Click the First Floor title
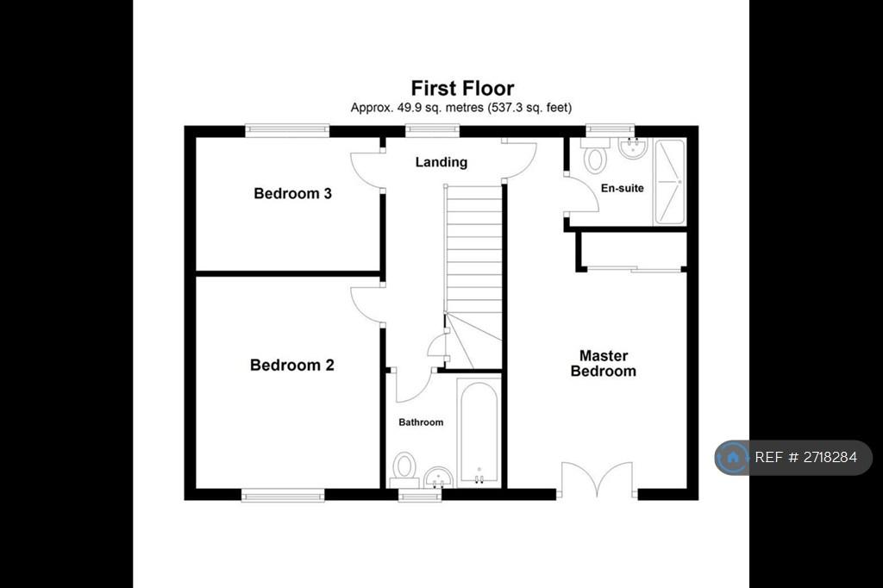click(x=462, y=89)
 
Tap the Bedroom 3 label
click(x=293, y=194)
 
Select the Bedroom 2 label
click(x=292, y=365)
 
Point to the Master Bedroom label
click(x=603, y=363)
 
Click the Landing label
click(x=441, y=162)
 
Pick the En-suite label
click(x=623, y=188)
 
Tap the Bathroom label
click(x=421, y=422)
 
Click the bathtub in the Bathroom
click(x=479, y=432)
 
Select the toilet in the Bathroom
click(x=404, y=470)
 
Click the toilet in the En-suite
click(x=594, y=156)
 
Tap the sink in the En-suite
click(x=633, y=148)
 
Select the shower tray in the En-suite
click(x=669, y=181)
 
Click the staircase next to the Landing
click(x=473, y=277)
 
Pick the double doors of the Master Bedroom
click(x=597, y=480)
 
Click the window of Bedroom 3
click(x=287, y=131)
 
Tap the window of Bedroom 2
click(x=283, y=495)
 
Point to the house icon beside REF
click(x=733, y=457)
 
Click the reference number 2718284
click(x=830, y=457)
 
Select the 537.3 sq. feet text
click(x=529, y=108)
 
